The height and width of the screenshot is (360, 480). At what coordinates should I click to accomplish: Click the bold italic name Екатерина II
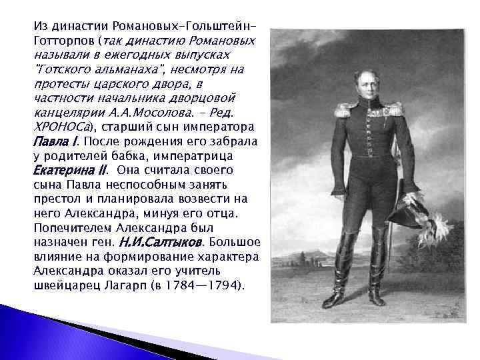point(69,170)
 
